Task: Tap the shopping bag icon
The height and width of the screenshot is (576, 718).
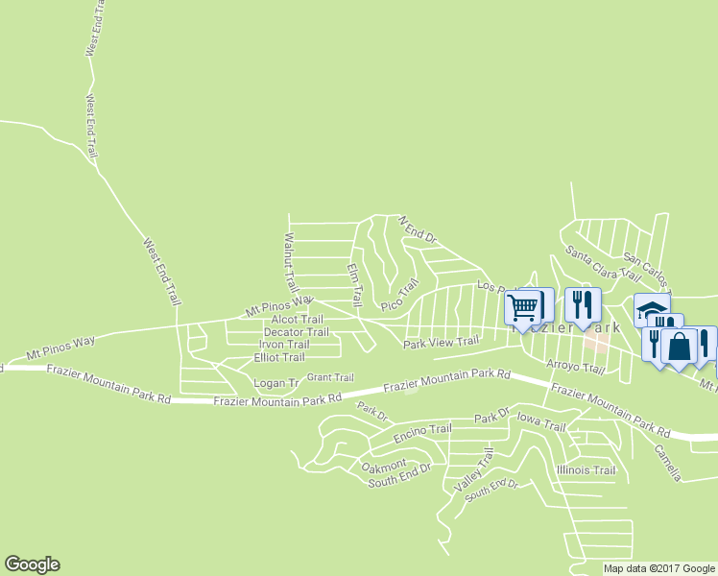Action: (x=679, y=347)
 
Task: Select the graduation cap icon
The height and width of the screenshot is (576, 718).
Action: (x=651, y=309)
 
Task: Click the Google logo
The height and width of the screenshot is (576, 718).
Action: (x=32, y=564)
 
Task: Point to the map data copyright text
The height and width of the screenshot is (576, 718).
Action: (x=659, y=568)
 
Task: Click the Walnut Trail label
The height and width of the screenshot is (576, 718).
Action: (x=291, y=262)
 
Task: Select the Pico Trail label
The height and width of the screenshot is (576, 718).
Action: (x=400, y=295)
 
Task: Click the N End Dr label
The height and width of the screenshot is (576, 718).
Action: (x=418, y=228)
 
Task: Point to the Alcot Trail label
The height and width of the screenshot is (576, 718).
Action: (x=297, y=320)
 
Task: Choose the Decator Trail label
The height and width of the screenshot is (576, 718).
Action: (x=296, y=332)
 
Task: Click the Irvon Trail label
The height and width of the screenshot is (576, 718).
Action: (x=284, y=345)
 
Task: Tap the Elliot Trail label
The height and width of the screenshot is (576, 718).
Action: (x=279, y=357)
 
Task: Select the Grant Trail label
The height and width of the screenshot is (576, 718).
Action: (x=330, y=377)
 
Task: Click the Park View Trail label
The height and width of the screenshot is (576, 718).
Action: (x=441, y=342)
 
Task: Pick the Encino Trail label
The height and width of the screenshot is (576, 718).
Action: (x=422, y=431)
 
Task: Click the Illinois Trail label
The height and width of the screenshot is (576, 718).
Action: (x=586, y=470)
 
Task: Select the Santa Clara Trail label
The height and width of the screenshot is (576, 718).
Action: (x=602, y=263)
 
